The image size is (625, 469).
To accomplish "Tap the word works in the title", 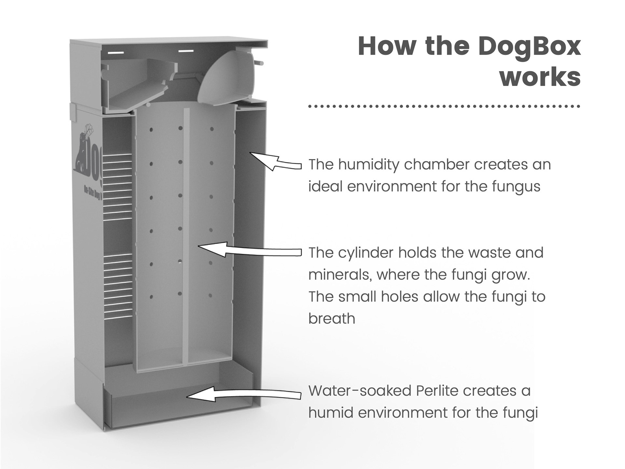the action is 540,77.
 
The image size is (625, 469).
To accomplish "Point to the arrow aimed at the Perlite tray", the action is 244,394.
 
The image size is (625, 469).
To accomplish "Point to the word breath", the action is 332,319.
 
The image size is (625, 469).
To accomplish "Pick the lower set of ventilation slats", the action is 118,285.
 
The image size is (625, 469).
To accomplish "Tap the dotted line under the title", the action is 444,106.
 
